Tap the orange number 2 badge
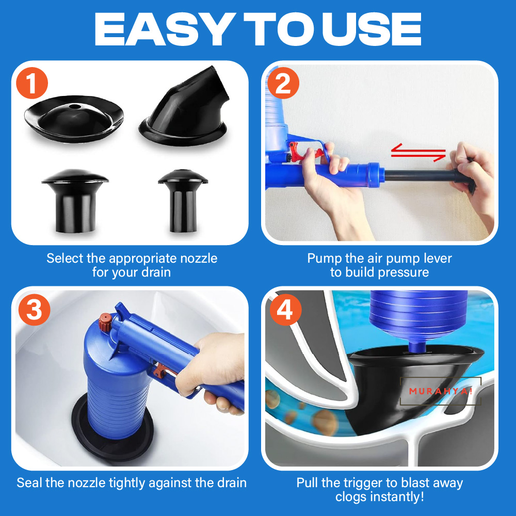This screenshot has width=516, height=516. click(283, 84)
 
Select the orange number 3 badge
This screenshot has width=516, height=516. click(33, 310)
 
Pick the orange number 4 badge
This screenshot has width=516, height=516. click(283, 310)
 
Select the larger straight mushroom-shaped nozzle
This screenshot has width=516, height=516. click(75, 201)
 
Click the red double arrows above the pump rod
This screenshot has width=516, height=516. click(418, 152)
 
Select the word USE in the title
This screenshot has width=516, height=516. click(374, 30)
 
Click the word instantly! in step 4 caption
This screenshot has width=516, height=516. click(381, 497)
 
